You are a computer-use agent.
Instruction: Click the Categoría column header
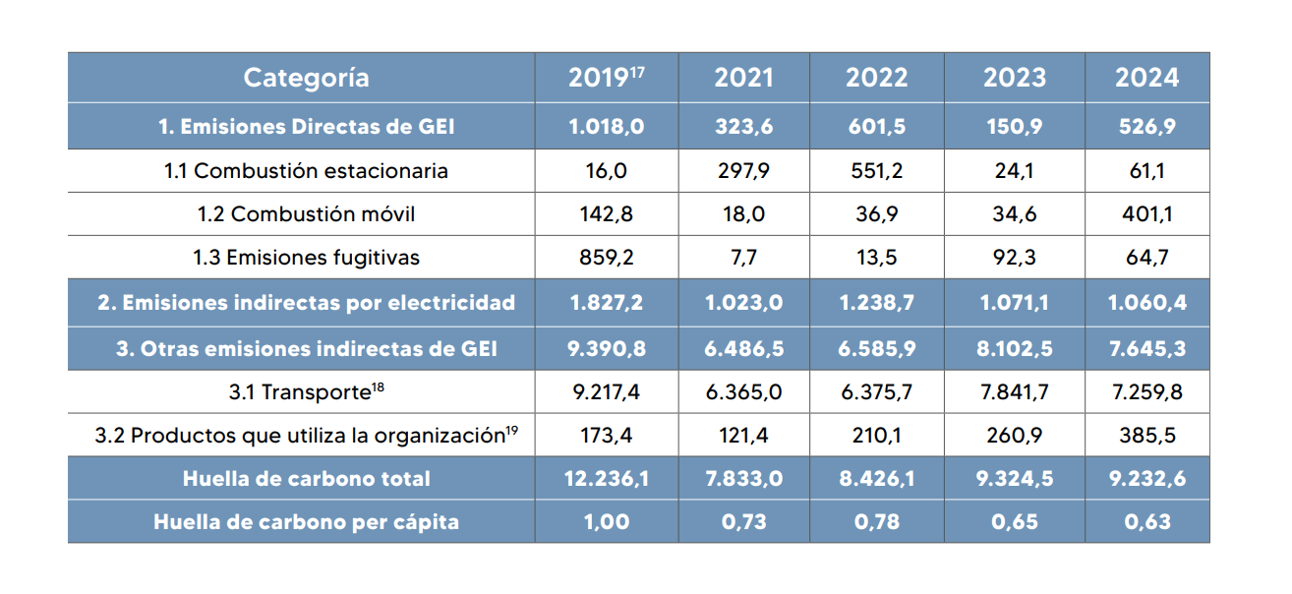(306, 79)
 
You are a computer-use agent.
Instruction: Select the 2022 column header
(877, 78)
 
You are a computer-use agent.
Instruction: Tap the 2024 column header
(1146, 78)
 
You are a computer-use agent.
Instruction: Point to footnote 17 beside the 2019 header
(637, 73)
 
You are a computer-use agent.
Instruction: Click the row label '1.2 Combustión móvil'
(306, 214)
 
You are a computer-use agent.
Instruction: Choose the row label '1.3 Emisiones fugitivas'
(306, 258)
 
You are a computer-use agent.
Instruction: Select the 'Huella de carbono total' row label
(306, 479)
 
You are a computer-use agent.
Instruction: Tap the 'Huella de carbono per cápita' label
(306, 522)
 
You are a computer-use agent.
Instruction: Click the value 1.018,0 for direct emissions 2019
(607, 126)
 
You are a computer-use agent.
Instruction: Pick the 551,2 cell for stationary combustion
(877, 171)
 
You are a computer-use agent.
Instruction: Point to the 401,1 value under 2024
(1146, 214)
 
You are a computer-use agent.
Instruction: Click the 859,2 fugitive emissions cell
(607, 258)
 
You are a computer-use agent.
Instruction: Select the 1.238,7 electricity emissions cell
(877, 302)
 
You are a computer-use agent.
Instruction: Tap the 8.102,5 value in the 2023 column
(1015, 349)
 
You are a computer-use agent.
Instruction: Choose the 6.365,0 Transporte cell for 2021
(743, 392)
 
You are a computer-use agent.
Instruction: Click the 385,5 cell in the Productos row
(1146, 436)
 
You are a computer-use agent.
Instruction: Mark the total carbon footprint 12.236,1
(607, 479)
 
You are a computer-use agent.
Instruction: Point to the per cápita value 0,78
(877, 522)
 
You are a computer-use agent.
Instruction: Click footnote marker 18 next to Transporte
(378, 386)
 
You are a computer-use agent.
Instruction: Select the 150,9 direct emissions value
(1015, 126)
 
